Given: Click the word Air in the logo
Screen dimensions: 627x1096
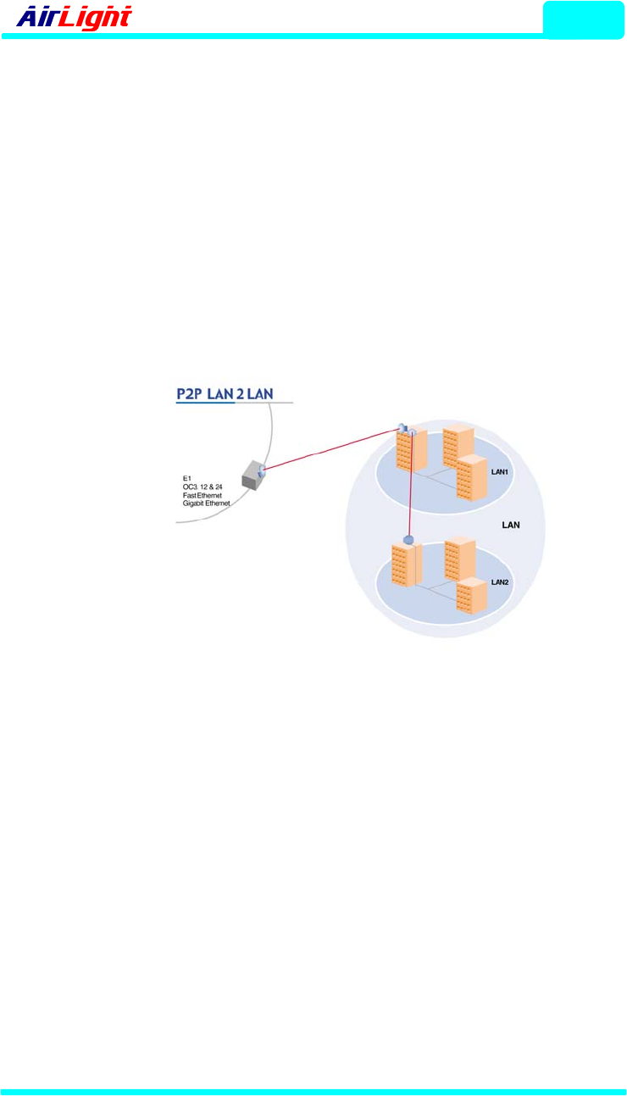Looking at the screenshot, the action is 39,17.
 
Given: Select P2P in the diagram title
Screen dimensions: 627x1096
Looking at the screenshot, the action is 194,393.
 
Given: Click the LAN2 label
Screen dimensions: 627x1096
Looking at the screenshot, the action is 500,582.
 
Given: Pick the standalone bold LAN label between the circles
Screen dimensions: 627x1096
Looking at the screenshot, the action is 511,525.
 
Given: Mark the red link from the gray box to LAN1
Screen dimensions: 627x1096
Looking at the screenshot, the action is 330,450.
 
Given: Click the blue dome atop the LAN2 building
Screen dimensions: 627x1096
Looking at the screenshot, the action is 408,539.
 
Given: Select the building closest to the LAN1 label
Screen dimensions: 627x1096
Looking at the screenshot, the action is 473,480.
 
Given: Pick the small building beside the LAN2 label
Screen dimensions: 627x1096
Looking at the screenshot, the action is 471,594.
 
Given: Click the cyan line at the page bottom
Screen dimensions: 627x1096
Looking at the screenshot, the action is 313,1091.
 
